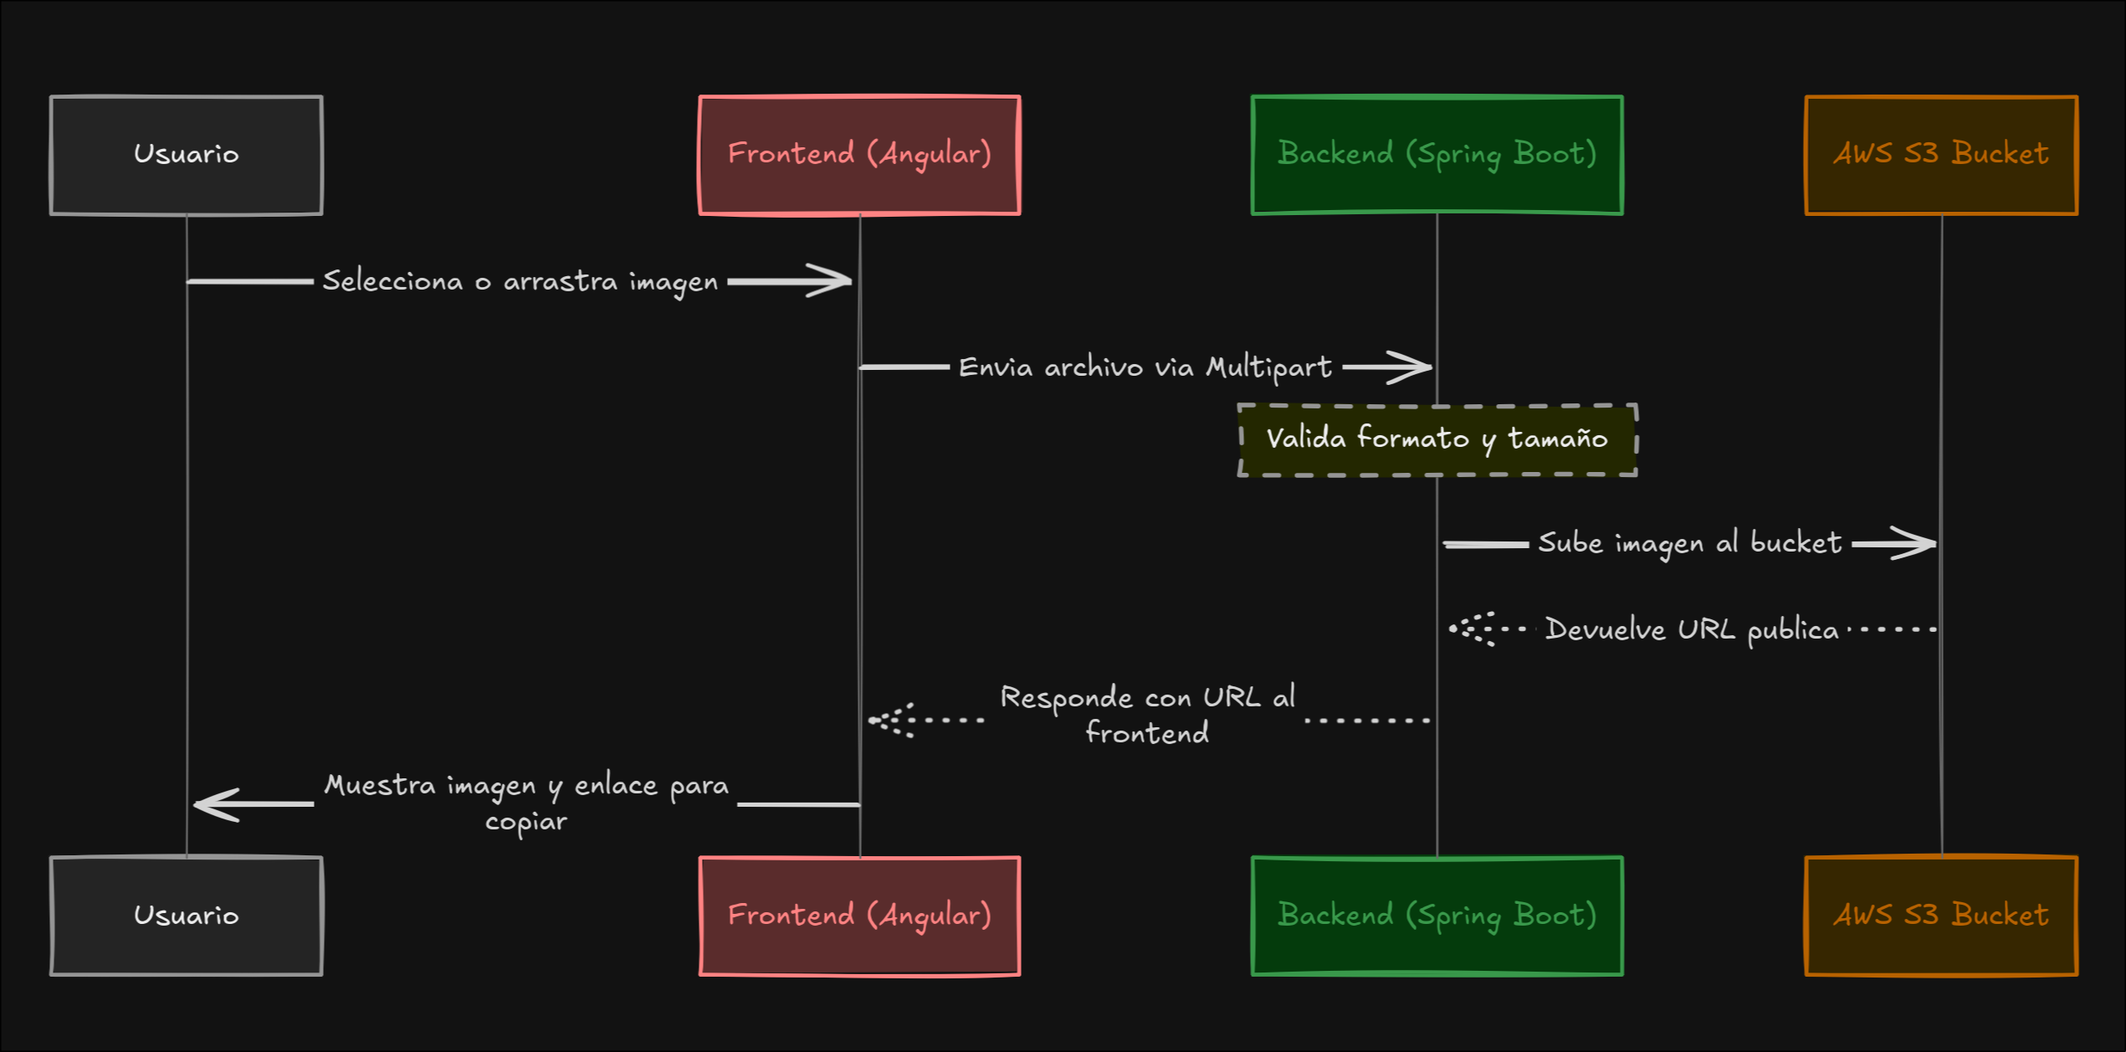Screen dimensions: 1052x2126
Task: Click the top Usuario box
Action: coord(186,155)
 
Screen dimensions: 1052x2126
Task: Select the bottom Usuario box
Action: coord(186,916)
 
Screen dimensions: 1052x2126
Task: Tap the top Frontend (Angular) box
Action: coord(859,155)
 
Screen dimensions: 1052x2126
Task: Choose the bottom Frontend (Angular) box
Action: coord(859,916)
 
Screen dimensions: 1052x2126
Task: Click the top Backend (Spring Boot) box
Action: coord(1437,155)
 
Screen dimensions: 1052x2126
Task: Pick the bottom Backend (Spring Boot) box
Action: coord(1437,916)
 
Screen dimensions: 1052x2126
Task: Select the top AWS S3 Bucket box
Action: coord(1941,155)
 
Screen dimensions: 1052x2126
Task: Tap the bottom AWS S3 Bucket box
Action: coord(1941,916)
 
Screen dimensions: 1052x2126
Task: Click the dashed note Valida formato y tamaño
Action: coord(1437,440)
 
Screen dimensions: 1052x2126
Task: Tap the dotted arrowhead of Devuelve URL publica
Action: coord(1468,629)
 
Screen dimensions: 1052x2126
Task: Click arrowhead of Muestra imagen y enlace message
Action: coord(213,804)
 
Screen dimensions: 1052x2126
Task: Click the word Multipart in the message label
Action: coord(1268,367)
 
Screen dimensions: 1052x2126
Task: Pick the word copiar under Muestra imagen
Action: coord(525,822)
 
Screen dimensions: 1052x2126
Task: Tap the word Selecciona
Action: coord(392,281)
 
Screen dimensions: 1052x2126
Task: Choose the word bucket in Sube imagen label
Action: coord(1796,543)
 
